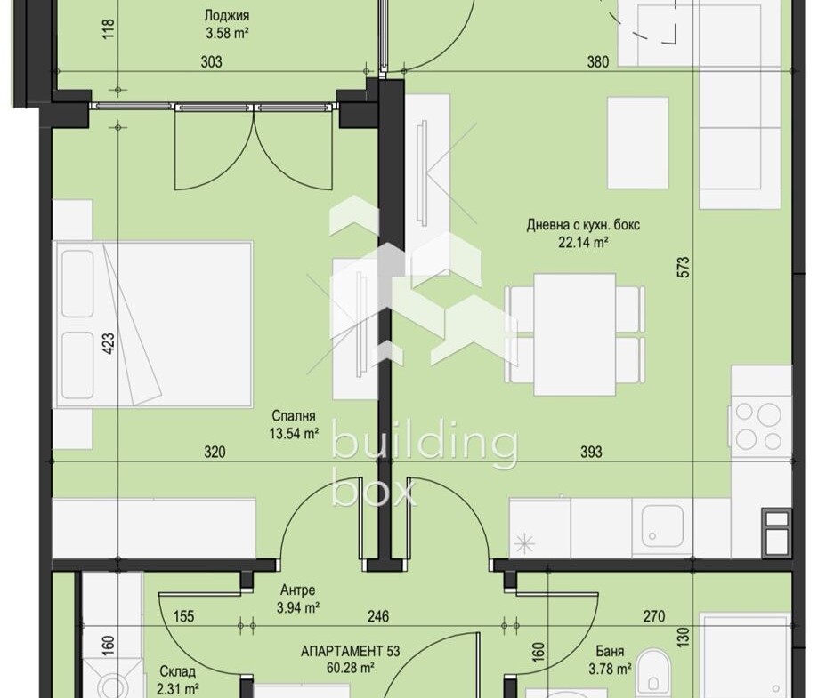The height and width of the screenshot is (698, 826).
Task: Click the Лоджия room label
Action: point(226,16)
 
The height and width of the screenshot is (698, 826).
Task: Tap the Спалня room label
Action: point(294,416)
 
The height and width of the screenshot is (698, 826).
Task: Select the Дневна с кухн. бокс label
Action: point(583,225)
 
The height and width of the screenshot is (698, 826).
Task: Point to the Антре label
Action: point(297,590)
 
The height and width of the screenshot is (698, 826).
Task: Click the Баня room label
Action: point(610,651)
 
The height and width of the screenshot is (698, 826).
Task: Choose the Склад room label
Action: point(177,671)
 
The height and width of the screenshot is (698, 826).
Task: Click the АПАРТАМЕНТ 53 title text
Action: point(351,651)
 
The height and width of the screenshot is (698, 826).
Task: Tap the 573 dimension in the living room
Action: point(683,268)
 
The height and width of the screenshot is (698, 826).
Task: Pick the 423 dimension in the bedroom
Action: point(109,342)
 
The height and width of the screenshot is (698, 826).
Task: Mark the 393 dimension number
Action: point(591,452)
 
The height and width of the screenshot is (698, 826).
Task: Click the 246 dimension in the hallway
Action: point(378,616)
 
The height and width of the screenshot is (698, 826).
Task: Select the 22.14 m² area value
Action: point(583,242)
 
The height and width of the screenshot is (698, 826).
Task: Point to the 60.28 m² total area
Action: point(351,668)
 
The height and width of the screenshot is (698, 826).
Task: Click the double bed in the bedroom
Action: point(153,325)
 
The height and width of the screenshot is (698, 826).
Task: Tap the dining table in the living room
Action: point(575,334)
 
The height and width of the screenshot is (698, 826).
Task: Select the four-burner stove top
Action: point(761,426)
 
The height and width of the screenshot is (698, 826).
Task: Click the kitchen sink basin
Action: point(662,526)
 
